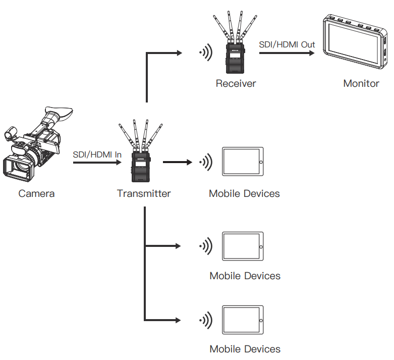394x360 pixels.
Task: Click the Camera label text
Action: [x=36, y=193]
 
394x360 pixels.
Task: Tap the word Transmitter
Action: [x=144, y=193]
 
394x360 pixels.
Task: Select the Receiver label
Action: [x=236, y=83]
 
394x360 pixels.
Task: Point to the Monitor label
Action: [x=361, y=83]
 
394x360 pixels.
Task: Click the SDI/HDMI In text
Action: [x=97, y=155]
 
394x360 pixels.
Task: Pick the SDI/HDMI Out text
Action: [x=287, y=44]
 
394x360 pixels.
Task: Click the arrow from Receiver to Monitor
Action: [x=285, y=52]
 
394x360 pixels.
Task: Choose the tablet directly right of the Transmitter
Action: [x=243, y=162]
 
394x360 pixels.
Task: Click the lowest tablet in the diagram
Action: [x=243, y=320]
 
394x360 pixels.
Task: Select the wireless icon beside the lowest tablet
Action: [x=205, y=320]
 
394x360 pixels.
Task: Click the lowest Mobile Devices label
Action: [x=245, y=349]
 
